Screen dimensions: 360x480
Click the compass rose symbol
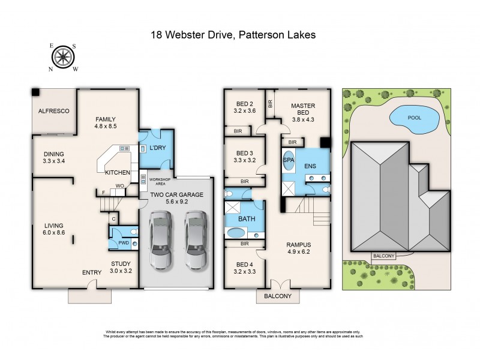pyautogui.click(x=62, y=57)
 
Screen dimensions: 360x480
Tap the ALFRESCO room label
pyautogui.click(x=55, y=111)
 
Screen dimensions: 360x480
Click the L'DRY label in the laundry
pyautogui.click(x=157, y=147)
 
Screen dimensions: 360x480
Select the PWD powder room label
pyautogui.click(x=123, y=243)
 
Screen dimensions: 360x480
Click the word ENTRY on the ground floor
pyautogui.click(x=92, y=273)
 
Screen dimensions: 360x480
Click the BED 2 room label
pyautogui.click(x=243, y=106)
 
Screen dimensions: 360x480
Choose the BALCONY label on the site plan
pyautogui.click(x=383, y=256)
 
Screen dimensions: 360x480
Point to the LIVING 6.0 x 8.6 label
pyautogui.click(x=53, y=229)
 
